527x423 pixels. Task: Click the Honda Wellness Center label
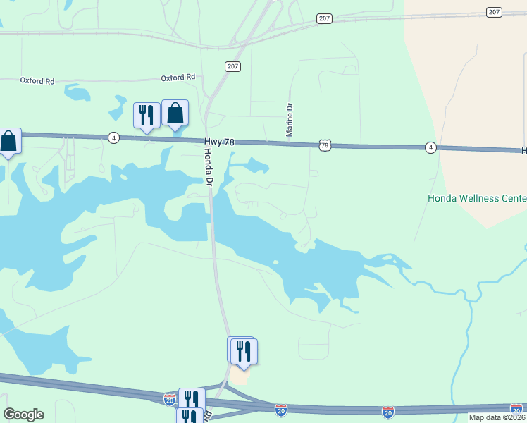tap(477, 198)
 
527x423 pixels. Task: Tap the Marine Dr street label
tap(290, 121)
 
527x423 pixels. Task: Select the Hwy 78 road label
tap(219, 142)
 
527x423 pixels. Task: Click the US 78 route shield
tap(324, 145)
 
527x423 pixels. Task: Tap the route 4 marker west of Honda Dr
tap(113, 137)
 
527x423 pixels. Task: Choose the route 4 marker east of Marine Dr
tap(430, 147)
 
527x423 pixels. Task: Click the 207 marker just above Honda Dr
tap(233, 66)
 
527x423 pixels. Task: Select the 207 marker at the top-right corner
tap(494, 12)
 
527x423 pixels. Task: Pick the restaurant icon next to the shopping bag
tap(147, 115)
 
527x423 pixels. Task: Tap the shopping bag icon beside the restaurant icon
tap(175, 112)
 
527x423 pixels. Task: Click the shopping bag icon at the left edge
tap(8, 141)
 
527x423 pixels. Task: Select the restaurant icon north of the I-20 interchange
tap(243, 351)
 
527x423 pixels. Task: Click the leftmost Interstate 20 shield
tap(170, 400)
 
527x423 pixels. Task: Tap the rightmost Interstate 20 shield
tap(516, 408)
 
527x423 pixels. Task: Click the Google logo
tap(23, 415)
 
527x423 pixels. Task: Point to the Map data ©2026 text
tap(496, 417)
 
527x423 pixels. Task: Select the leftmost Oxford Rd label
tap(37, 81)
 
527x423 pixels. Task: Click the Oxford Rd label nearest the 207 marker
tap(178, 78)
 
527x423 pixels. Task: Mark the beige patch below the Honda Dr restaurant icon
tap(240, 377)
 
